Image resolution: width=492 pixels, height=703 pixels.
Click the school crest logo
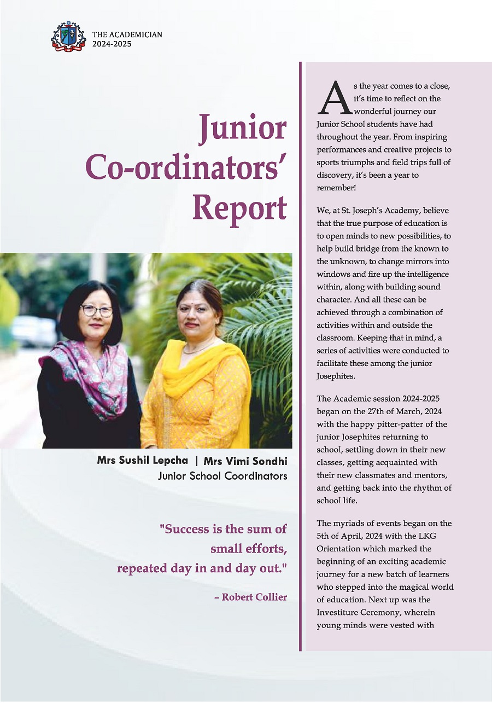(x=68, y=37)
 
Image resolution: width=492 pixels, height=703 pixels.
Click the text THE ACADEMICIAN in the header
(x=127, y=34)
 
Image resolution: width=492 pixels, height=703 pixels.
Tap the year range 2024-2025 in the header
(x=112, y=44)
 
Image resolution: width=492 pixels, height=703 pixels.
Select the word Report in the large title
(x=240, y=208)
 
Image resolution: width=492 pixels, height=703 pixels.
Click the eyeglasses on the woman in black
(x=97, y=310)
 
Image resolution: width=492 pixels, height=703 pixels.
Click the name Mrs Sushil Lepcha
(x=143, y=461)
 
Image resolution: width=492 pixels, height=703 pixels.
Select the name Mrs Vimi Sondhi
(x=245, y=461)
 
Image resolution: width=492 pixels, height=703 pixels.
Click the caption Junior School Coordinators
(x=222, y=476)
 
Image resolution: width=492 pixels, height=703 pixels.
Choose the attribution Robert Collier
(x=254, y=597)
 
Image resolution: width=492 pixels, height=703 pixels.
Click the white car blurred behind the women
(x=30, y=332)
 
